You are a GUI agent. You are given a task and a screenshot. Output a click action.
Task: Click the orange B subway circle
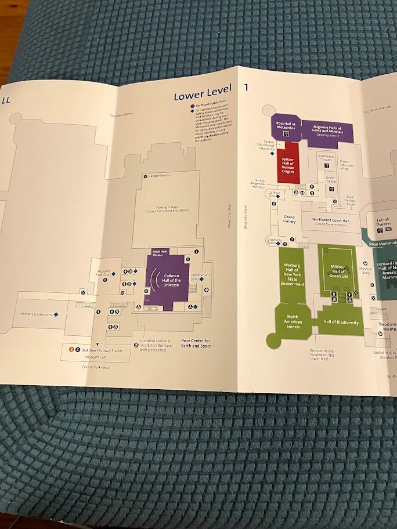click(71, 350)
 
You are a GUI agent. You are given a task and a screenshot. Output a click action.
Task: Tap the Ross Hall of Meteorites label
click(286, 126)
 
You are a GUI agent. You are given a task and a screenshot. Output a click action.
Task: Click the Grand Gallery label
click(289, 219)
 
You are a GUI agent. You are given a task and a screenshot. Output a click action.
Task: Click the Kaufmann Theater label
click(326, 157)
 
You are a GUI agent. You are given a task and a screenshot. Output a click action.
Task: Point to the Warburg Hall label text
click(292, 274)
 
